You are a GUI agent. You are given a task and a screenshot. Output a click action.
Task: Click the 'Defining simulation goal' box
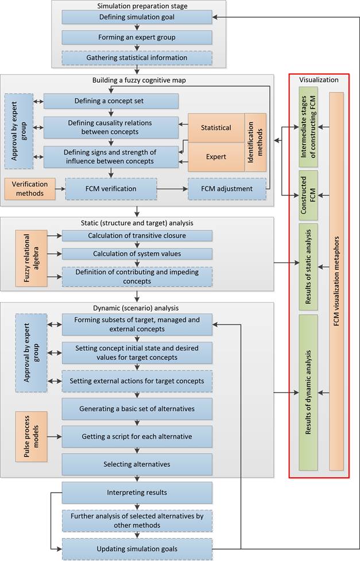coord(137,17)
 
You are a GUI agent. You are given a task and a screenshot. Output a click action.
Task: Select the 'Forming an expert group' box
coord(137,37)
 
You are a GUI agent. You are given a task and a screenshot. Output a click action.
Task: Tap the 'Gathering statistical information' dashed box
coord(137,57)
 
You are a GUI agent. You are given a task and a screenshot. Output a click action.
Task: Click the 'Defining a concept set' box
coord(111,101)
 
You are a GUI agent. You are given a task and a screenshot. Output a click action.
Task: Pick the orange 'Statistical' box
coord(216,127)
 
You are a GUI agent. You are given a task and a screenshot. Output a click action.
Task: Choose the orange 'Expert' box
coord(216,157)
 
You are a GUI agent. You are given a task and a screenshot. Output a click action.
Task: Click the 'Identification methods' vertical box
coord(256,142)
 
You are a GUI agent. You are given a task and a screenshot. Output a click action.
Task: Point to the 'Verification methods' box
coord(30,188)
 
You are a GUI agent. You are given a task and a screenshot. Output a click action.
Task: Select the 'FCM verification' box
coord(111,188)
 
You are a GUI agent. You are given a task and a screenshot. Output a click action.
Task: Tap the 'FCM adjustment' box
coord(227,188)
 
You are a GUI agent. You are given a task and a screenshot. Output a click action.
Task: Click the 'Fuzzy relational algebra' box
coord(32,258)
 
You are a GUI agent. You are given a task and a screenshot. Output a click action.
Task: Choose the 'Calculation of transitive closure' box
coord(137,235)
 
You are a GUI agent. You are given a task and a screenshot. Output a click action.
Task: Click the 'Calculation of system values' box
coord(137,254)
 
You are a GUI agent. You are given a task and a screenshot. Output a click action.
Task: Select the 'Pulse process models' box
coord(32,436)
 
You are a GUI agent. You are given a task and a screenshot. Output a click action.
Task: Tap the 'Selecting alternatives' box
coord(137,465)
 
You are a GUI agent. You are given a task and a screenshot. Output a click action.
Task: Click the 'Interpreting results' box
coord(137,492)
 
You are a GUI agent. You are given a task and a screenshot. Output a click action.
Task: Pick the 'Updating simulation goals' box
coord(137,549)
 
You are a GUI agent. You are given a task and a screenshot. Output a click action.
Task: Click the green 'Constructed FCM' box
coord(308,195)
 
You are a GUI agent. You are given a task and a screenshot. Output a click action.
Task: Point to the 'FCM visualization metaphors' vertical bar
coord(336,281)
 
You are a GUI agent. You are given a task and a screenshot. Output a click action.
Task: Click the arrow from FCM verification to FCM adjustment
coord(172,188)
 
